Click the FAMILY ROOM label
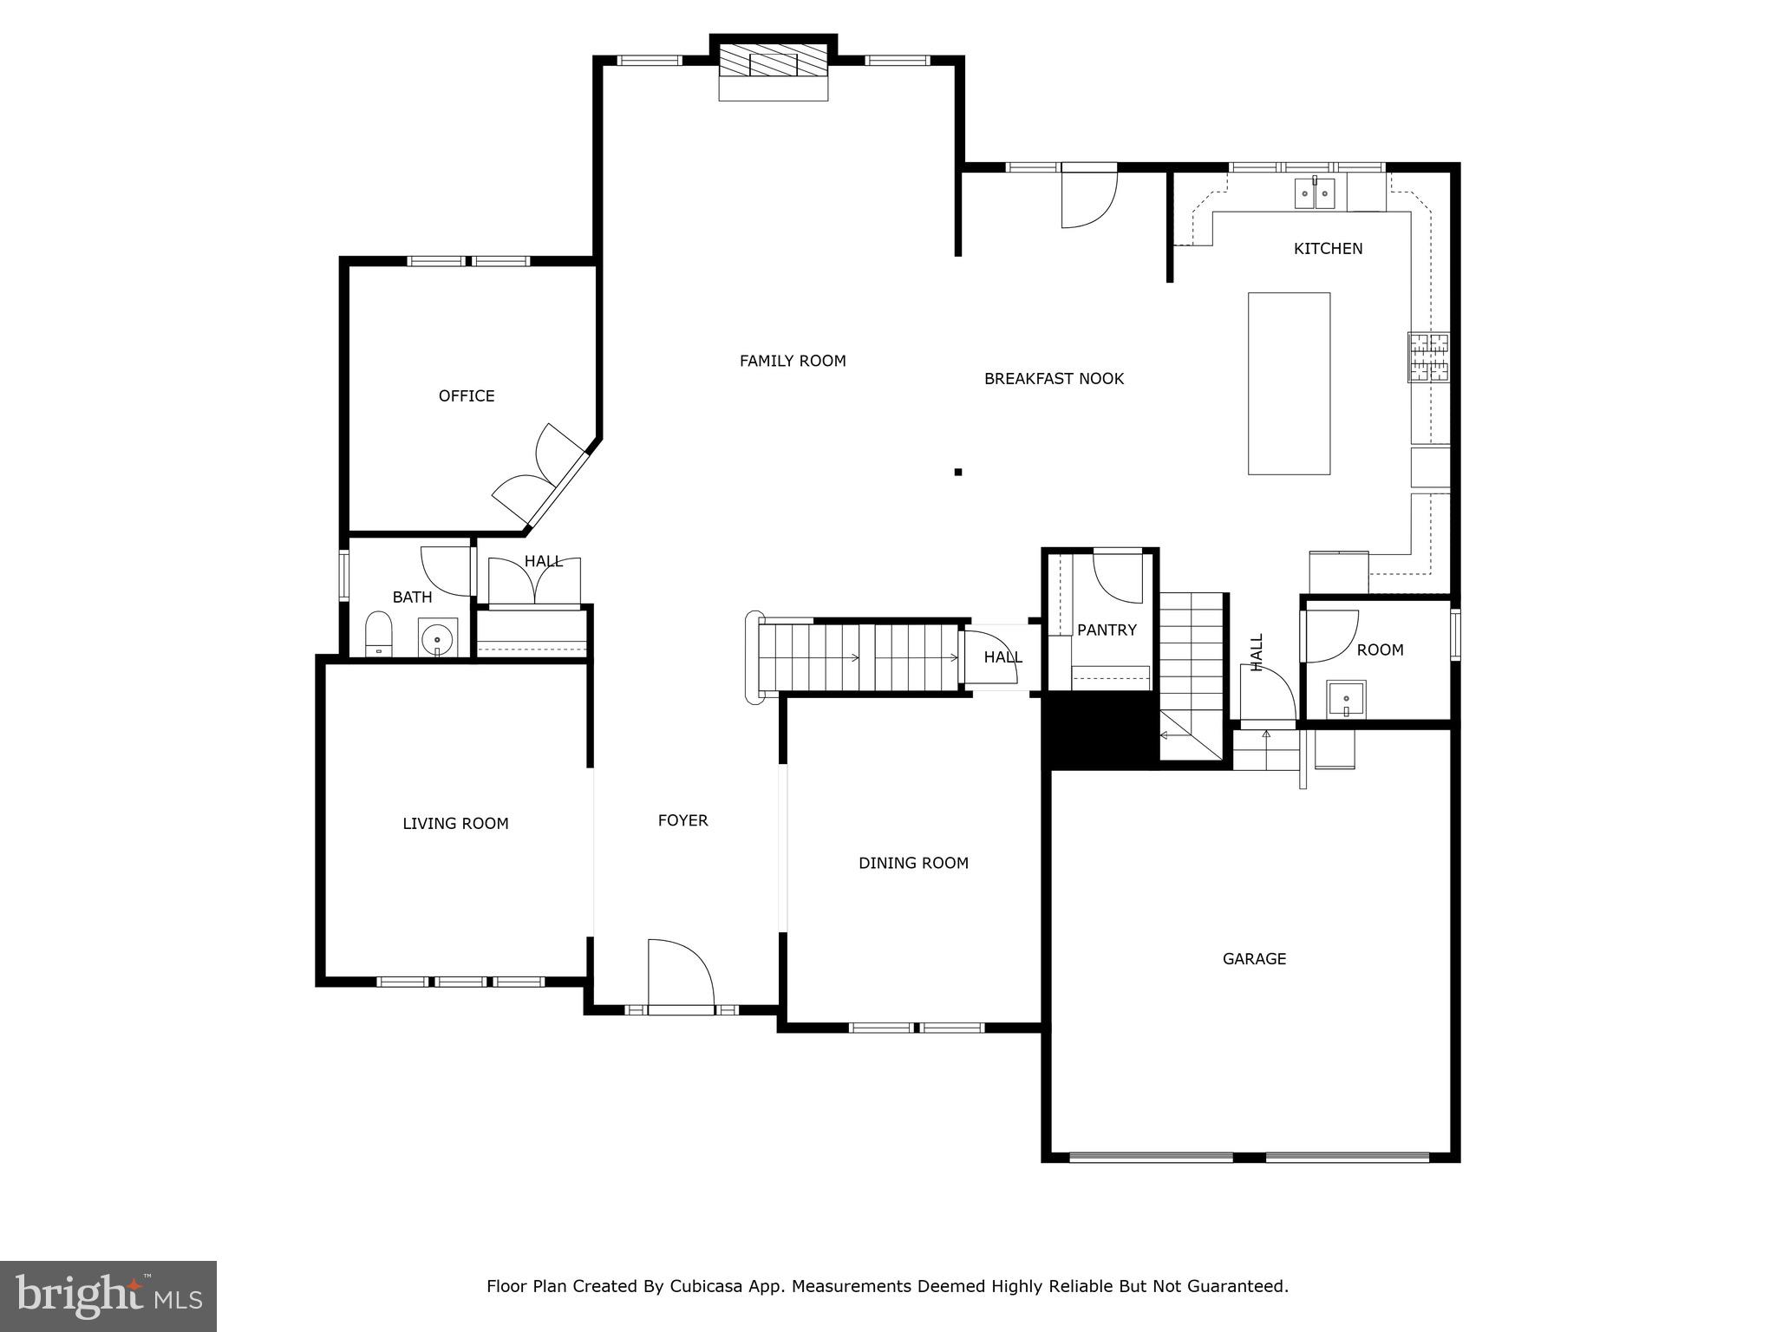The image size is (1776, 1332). click(x=792, y=361)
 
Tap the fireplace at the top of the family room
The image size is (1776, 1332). click(x=773, y=64)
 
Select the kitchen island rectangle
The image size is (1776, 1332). click(x=1289, y=383)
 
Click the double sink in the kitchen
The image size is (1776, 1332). click(x=1315, y=193)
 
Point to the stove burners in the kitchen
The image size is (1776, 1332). click(x=1428, y=357)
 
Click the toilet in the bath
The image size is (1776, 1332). click(x=378, y=635)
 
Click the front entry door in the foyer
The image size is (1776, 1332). click(x=681, y=976)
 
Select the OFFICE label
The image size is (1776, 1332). click(x=467, y=396)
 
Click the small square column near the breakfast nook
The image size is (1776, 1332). click(x=958, y=472)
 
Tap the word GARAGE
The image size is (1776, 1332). click(x=1254, y=959)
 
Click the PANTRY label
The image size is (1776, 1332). click(x=1107, y=630)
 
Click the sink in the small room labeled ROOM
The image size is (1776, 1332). click(x=1346, y=699)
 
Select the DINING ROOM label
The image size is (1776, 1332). click(x=913, y=863)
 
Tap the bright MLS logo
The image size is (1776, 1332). click(x=108, y=1296)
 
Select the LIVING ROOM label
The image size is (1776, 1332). click(x=455, y=824)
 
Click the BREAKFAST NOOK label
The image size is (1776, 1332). click(x=1054, y=379)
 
